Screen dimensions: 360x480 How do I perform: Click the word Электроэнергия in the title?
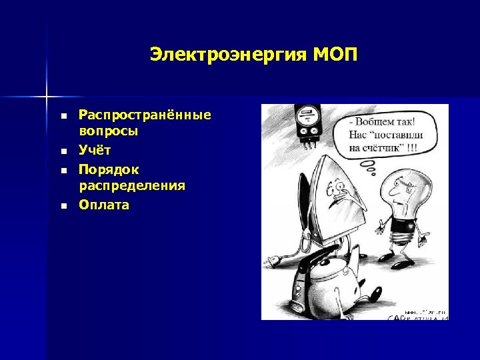[226, 54]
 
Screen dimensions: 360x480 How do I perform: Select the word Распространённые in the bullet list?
[145, 115]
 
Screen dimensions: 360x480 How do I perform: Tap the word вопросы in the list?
[109, 131]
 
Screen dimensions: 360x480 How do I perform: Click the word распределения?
[132, 185]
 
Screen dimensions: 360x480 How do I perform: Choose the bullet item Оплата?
[104, 205]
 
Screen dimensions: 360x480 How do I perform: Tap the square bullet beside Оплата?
[63, 205]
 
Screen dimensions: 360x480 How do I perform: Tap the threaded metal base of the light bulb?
[403, 231]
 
